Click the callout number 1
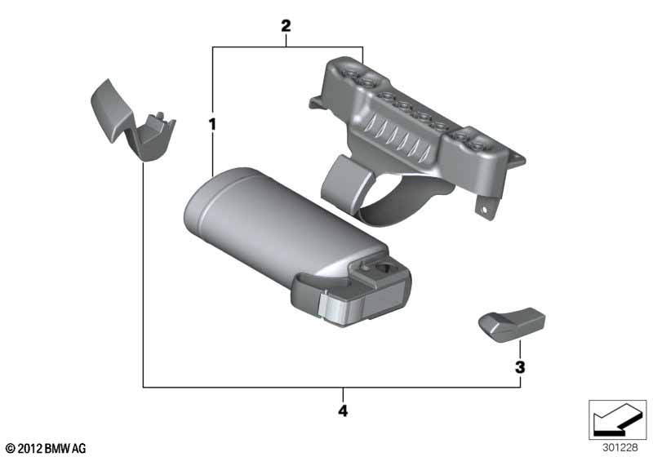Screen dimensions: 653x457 coord(212,124)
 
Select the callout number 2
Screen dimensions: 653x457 coord(286,26)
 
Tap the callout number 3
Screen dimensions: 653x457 coord(520,367)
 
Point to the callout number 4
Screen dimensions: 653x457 coord(342,410)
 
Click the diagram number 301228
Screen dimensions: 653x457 coord(620,447)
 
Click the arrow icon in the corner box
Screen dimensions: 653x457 coord(617,419)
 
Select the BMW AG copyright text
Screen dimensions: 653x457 coord(47,449)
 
